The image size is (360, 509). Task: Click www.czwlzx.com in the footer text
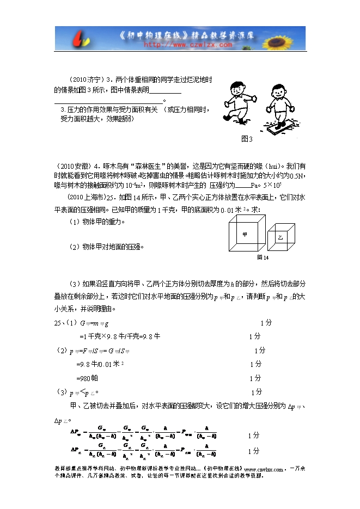pyautogui.click(x=264, y=469)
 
